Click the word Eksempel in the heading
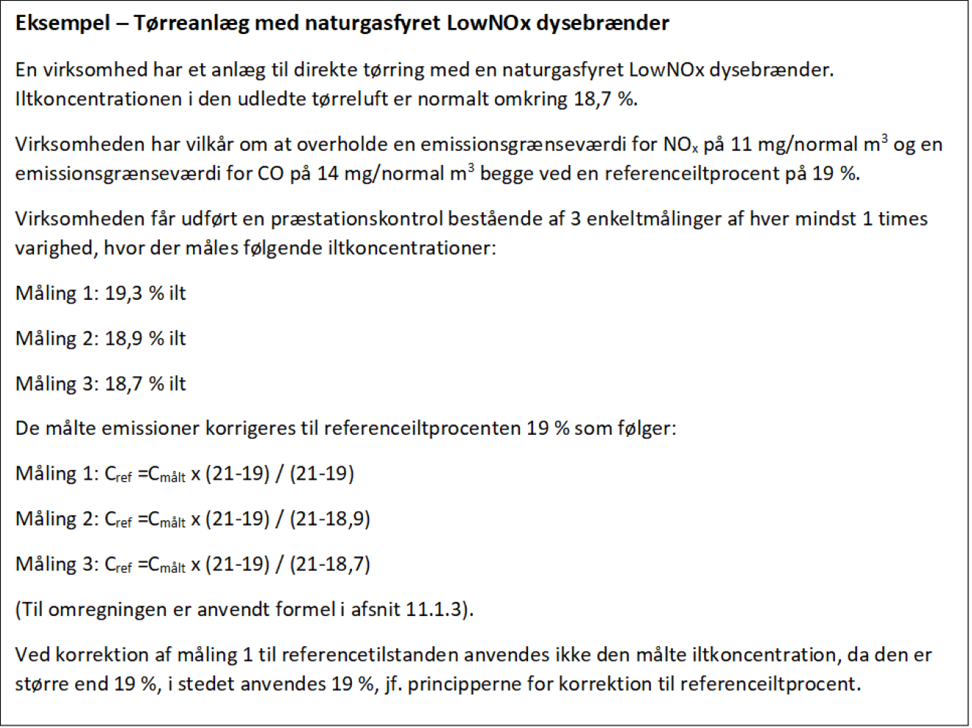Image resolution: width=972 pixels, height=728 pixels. click(x=62, y=24)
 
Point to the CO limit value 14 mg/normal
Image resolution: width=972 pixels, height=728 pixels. click(x=381, y=174)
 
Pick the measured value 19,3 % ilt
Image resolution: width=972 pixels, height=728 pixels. click(x=145, y=293)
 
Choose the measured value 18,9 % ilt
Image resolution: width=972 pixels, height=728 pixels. click(x=145, y=338)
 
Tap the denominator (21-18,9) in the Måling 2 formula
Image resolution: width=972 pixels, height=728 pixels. click(x=330, y=519)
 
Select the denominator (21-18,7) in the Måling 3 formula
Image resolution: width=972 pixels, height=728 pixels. click(x=330, y=564)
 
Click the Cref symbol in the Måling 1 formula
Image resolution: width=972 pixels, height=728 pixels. click(x=118, y=475)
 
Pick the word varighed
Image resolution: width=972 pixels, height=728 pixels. click(x=54, y=248)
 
